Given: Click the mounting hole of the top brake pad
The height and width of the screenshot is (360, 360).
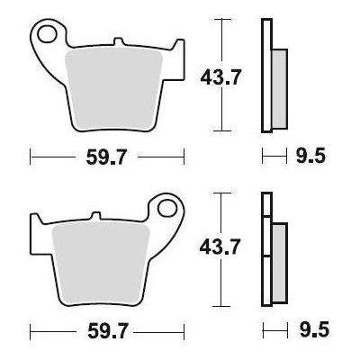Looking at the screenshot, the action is [47, 34].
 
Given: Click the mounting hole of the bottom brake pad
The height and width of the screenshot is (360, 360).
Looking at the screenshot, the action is [167, 208].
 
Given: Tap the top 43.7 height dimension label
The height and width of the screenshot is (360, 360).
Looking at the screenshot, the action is [220, 77].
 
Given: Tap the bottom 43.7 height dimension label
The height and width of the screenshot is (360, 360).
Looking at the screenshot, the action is [220, 247].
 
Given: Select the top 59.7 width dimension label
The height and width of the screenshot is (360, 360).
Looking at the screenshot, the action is [106, 157].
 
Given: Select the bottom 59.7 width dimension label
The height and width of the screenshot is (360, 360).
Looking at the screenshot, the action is [108, 330].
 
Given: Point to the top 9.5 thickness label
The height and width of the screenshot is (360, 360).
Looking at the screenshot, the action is [310, 157].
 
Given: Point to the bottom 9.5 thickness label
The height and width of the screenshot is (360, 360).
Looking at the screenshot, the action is [314, 329].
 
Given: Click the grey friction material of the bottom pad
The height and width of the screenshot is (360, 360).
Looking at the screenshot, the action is [101, 264].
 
